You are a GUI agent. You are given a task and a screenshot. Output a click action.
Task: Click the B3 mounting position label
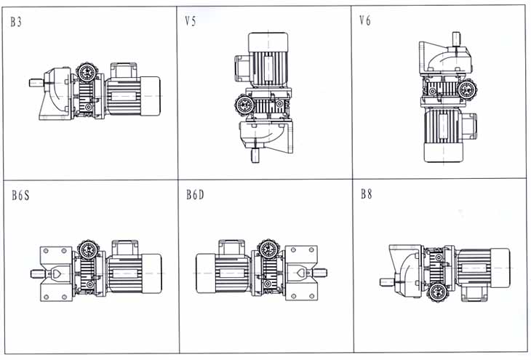click(x=16, y=22)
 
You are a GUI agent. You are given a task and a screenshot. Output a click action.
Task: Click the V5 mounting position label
click(x=191, y=22)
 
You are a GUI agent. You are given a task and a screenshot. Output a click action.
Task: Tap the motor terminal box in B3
click(x=119, y=70)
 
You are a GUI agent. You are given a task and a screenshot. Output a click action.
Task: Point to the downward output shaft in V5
click(x=255, y=156)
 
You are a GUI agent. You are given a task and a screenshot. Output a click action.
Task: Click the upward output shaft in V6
click(x=456, y=37)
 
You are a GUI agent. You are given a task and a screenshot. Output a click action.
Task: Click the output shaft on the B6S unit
click(x=33, y=274)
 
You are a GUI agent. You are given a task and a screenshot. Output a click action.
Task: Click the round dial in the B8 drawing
click(x=438, y=293)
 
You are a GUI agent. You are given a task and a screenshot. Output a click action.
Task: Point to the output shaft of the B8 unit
click(x=384, y=281)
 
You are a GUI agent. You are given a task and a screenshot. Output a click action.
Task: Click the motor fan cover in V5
click(x=269, y=42)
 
